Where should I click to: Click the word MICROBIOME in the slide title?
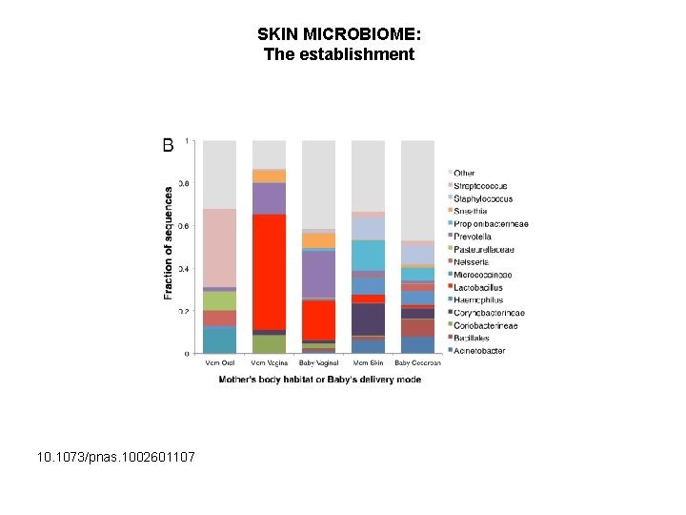[x=361, y=34]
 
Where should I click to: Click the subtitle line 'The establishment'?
[x=338, y=54]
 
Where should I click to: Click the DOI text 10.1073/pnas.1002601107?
[x=116, y=458]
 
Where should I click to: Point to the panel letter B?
[x=169, y=145]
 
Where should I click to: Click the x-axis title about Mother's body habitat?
[x=318, y=380]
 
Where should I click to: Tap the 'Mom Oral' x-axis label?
[x=220, y=362]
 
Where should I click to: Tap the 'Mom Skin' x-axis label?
[x=368, y=362]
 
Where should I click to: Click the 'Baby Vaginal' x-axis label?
[x=318, y=362]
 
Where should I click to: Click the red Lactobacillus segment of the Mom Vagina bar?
[x=269, y=272]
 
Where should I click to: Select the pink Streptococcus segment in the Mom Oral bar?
[x=220, y=247]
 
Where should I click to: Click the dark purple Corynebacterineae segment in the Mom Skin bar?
[x=368, y=319]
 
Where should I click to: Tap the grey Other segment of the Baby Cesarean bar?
[x=417, y=191]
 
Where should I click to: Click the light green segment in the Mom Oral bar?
[x=220, y=300]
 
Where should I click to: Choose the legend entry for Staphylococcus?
[x=482, y=198]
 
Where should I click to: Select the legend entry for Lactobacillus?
[x=477, y=287]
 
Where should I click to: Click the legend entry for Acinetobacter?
[x=478, y=351]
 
